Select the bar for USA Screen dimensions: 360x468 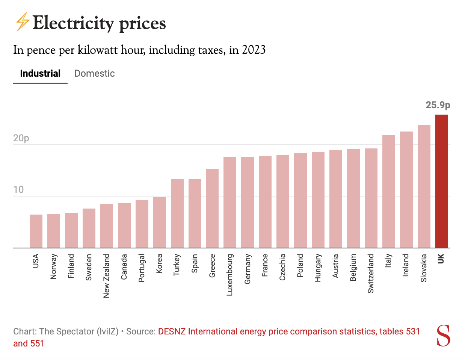pyautogui.click(x=36, y=231)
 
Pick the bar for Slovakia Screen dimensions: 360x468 pyautogui.click(x=424, y=186)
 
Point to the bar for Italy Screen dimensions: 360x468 pyautogui.click(x=388, y=192)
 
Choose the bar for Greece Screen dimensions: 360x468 pyautogui.click(x=212, y=209)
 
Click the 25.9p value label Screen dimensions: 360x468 pyautogui.click(x=438, y=105)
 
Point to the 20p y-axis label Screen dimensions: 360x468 pyautogui.click(x=21, y=138)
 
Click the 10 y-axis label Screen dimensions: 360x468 pyautogui.click(x=18, y=189)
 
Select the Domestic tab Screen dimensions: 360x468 pyautogui.click(x=95, y=73)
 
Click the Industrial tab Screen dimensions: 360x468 pyautogui.click(x=40, y=73)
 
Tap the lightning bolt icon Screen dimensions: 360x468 pyautogui.click(x=22, y=21)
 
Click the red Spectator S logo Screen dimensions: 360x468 pyautogui.click(x=443, y=336)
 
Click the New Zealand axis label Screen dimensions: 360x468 pyautogui.click(x=107, y=276)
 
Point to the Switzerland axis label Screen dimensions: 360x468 pyautogui.click(x=371, y=274)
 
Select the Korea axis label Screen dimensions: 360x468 pyautogui.click(x=159, y=263)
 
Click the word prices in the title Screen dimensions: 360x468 pyautogui.click(x=142, y=23)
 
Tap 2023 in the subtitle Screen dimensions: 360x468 pyautogui.click(x=254, y=50)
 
